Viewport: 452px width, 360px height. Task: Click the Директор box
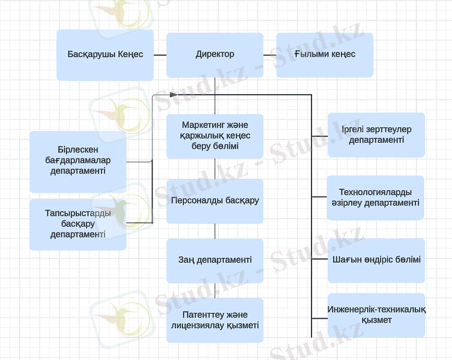[x=215, y=55]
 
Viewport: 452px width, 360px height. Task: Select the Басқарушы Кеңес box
[x=105, y=55]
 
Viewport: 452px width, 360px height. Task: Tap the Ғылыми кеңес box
[x=325, y=55]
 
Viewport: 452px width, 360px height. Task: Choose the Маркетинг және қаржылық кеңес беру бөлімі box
[x=215, y=136]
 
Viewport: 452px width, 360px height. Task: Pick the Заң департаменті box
[x=215, y=260]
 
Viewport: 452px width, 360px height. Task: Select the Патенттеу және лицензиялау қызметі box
[x=215, y=320]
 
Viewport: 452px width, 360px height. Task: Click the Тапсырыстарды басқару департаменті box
[x=78, y=224]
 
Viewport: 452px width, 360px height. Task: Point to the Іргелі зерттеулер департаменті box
[x=376, y=135]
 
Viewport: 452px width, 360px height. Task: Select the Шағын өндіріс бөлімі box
[x=376, y=260]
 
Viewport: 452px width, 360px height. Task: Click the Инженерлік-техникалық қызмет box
[x=376, y=315]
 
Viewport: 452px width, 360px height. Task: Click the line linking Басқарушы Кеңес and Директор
[x=160, y=55]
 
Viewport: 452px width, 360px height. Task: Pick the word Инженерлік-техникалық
[x=376, y=310]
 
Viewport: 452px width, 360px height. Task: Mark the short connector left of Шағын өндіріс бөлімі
[x=320, y=260]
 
